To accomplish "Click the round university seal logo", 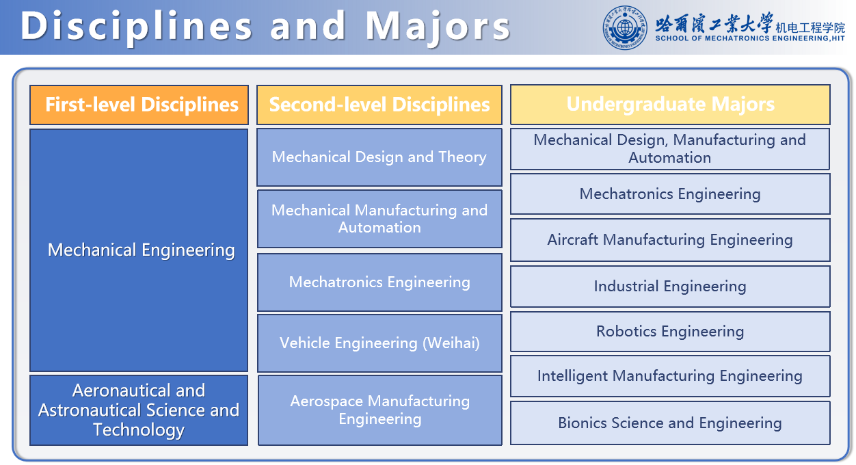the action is tap(625, 27).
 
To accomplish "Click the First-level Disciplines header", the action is tap(139, 105).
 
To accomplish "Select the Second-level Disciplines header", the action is tap(379, 105).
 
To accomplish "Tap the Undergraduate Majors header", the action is tap(670, 105).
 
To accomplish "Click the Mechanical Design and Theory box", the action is tap(379, 157).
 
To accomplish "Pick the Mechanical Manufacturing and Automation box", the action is tap(379, 219).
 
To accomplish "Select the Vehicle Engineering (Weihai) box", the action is tap(379, 343).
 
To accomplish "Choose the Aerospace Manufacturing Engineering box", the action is tap(380, 410).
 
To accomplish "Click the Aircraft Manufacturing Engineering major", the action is tap(670, 240).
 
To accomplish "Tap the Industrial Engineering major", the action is tap(670, 287).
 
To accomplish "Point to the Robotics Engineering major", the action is tap(670, 331).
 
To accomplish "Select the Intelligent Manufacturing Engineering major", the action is tap(670, 376).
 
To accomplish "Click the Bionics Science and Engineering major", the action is tap(670, 423).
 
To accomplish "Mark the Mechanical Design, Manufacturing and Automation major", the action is tap(670, 149).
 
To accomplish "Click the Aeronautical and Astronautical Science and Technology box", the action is tap(139, 410).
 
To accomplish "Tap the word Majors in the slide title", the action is tap(438, 26).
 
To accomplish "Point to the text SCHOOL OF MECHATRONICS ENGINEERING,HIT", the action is tap(750, 38).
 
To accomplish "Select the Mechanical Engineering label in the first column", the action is tap(141, 250).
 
